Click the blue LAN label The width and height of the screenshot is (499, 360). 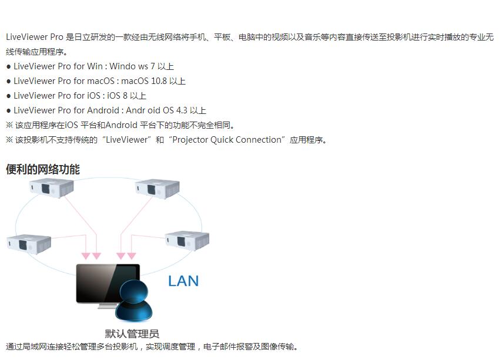coord(183,281)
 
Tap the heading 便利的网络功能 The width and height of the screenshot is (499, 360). coord(43,169)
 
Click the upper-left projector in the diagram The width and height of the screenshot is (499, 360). coord(51,188)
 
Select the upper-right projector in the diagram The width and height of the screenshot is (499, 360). coord(157,189)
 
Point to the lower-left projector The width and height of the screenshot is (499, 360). coord(29,244)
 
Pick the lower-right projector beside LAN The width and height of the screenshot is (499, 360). coord(187,241)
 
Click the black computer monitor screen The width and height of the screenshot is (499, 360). coord(108,283)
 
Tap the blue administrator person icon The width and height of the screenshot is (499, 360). coord(134,301)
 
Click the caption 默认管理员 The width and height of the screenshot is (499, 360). coord(132,334)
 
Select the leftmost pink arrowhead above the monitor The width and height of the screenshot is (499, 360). coord(86,256)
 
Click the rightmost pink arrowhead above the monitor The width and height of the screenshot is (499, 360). coord(132,256)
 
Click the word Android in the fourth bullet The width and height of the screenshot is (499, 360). coord(103,110)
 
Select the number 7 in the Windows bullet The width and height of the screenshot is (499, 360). coord(153,66)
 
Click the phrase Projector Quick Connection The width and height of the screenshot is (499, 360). coord(227,140)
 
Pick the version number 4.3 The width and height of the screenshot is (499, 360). coord(182,110)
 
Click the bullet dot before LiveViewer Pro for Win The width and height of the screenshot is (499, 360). coord(9,67)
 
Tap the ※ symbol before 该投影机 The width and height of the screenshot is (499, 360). coord(9,140)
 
